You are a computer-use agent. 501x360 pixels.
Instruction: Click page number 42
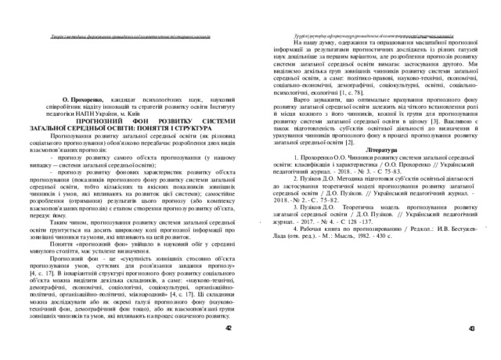pos(229,330)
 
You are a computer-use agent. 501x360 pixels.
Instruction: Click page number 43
pos(471,330)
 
